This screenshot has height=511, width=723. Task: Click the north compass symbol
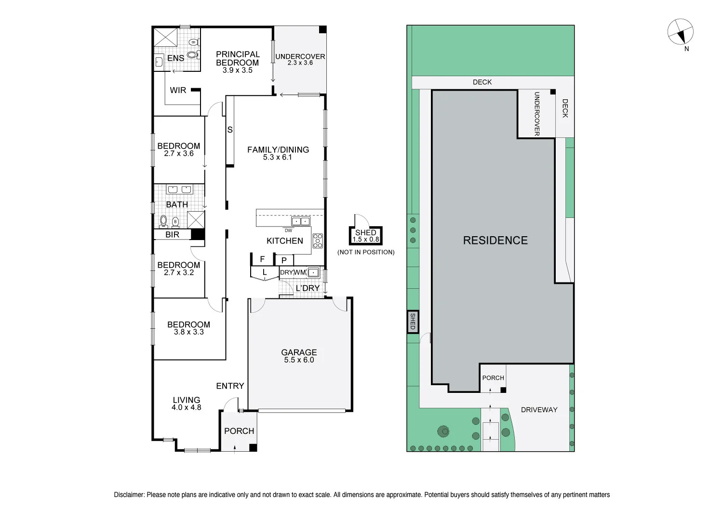pos(680,32)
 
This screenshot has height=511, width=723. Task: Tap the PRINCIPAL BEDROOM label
pos(238,58)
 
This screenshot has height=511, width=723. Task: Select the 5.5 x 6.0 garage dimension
pos(299,360)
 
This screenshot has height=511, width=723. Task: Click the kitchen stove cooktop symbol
pos(318,240)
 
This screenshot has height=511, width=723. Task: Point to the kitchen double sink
pos(301,221)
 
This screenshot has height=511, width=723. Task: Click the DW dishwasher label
pos(288,230)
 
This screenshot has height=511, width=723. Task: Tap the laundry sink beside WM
pos(313,272)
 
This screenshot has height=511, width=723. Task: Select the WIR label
pos(178,90)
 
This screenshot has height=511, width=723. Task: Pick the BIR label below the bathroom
pos(172,235)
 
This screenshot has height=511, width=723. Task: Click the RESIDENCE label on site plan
pos(495,240)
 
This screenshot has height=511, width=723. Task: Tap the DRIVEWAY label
pos(539,410)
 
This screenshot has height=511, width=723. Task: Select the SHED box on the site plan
pos(413,322)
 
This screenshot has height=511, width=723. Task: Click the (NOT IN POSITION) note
pos(365,252)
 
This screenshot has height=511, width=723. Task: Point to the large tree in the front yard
pos(442,430)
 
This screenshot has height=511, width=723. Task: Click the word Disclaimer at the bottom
pos(129,495)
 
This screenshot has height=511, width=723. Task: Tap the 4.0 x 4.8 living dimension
pos(186,407)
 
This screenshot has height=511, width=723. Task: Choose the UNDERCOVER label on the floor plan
pos(300,56)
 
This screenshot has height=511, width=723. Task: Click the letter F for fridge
pos(262,259)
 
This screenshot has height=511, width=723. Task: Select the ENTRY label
pos(230,386)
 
